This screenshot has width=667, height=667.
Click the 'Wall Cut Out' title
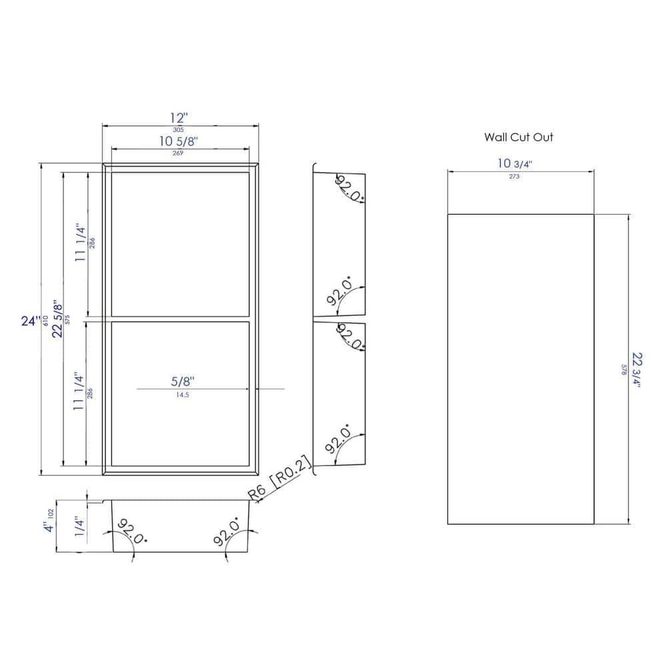tap(518, 138)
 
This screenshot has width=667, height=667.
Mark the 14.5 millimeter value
tap(181, 394)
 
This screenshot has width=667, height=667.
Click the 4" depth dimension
tap(47, 528)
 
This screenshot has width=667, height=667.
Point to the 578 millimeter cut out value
tap(624, 370)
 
